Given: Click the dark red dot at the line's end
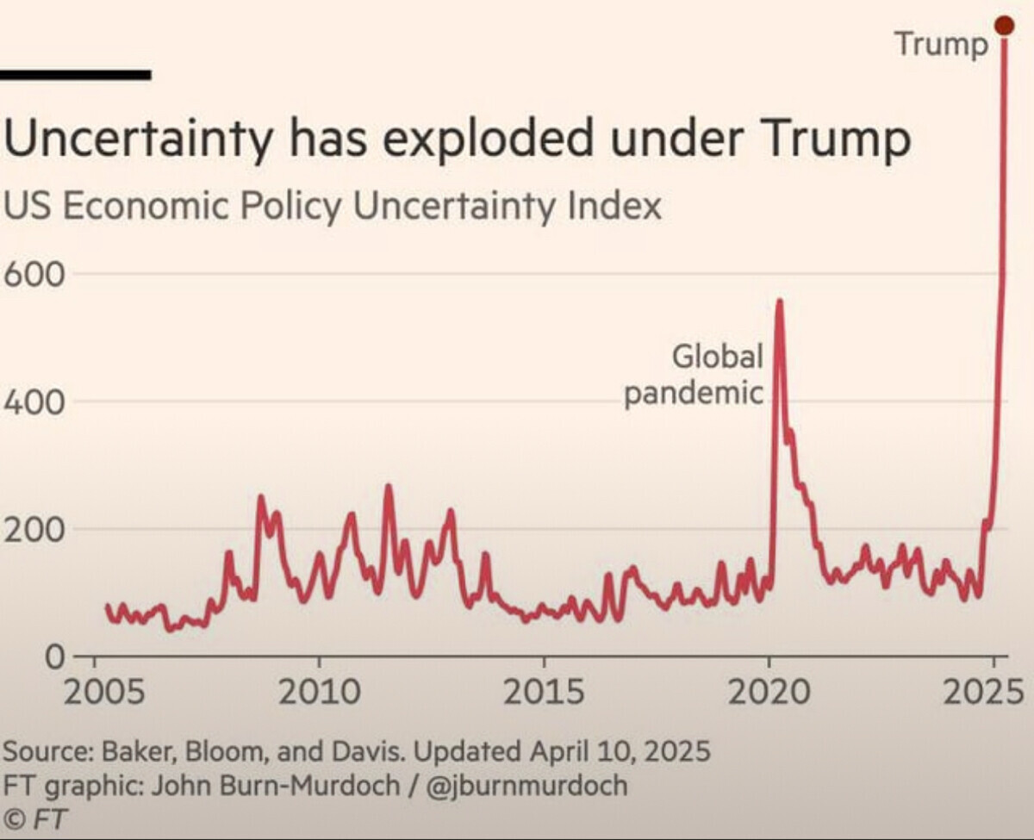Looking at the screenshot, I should click(1004, 26).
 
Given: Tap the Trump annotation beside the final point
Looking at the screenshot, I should click(941, 44).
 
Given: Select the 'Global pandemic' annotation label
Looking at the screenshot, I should click(695, 375).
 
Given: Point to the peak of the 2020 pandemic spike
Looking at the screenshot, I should click(779, 302).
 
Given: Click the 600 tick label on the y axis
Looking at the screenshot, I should click(35, 275).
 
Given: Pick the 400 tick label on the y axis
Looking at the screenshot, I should click(35, 402).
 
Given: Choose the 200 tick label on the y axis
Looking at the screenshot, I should click(35, 530).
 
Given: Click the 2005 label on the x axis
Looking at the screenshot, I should click(95, 693).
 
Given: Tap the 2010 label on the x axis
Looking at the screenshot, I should click(319, 693).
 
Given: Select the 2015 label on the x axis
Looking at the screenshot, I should click(544, 693).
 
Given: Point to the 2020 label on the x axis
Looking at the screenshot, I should click(769, 693).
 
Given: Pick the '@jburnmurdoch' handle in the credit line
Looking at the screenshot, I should click(526, 785).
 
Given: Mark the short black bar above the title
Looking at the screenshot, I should click(75, 75).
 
